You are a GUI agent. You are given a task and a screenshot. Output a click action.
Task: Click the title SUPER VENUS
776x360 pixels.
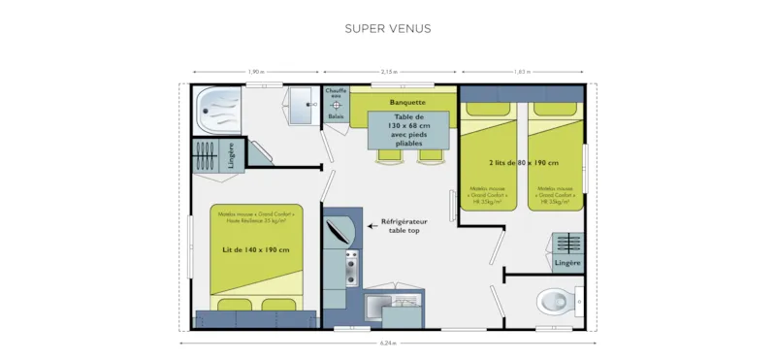click(x=388, y=28)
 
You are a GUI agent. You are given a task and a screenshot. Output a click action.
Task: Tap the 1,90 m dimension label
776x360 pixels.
click(x=255, y=72)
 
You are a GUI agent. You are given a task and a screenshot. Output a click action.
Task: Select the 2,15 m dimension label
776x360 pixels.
click(x=389, y=72)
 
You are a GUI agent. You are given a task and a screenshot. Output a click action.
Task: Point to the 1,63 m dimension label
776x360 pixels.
click(x=523, y=72)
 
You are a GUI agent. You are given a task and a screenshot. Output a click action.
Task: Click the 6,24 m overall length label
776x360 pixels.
click(x=388, y=343)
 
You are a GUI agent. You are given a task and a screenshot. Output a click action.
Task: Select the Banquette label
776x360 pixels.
click(x=406, y=102)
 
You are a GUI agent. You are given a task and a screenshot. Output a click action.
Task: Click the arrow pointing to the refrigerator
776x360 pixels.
click(x=373, y=226)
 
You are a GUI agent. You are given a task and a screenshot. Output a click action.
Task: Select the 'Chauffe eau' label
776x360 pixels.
click(x=336, y=94)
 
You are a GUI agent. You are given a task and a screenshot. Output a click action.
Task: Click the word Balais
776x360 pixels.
click(x=336, y=116)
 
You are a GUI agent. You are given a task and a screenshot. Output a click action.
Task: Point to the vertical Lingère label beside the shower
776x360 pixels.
click(x=231, y=156)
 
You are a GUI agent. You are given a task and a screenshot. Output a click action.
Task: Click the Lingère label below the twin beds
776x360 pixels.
click(x=567, y=263)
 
